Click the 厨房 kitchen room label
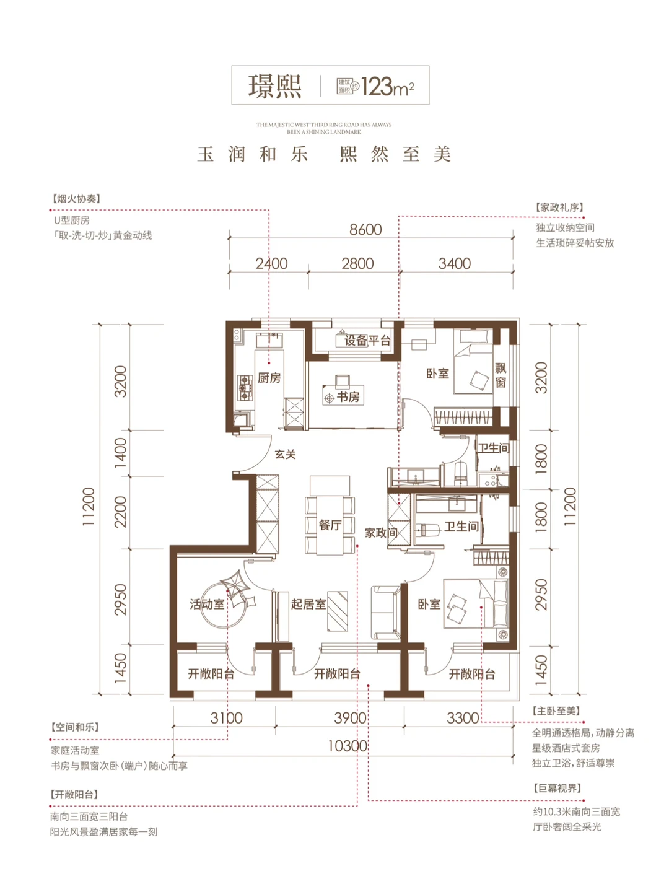click(x=269, y=378)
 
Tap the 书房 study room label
click(x=348, y=396)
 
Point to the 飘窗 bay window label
click(x=501, y=375)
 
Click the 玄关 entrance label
click(x=285, y=454)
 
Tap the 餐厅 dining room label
click(x=330, y=525)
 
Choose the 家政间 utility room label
click(x=380, y=532)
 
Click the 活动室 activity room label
click(x=207, y=604)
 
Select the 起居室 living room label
click(x=308, y=604)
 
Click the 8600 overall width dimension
click(x=365, y=230)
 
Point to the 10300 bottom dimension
click(x=348, y=746)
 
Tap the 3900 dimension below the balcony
click(x=350, y=718)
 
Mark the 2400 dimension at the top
click(x=271, y=263)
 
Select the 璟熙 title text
click(x=275, y=86)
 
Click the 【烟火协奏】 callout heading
click(x=76, y=199)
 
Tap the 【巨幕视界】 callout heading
click(x=557, y=788)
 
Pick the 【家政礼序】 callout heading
click(x=559, y=208)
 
